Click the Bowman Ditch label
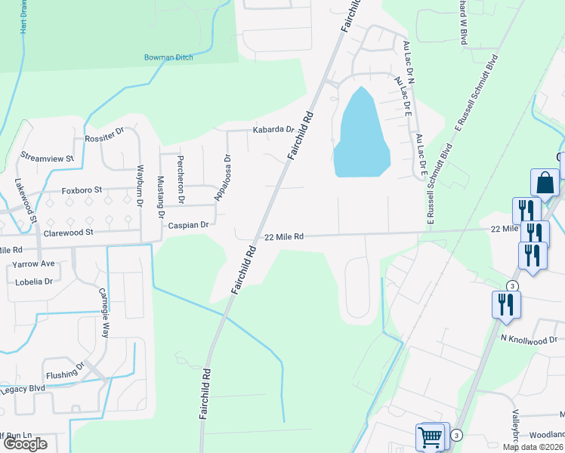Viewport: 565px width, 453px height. (x=168, y=57)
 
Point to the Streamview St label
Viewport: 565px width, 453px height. (x=47, y=159)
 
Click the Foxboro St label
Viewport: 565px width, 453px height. (x=81, y=190)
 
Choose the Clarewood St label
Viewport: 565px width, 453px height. (x=68, y=233)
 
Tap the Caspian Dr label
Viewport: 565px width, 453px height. (x=188, y=225)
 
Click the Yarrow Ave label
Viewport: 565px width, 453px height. (x=33, y=264)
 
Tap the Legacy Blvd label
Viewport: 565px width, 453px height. (x=23, y=389)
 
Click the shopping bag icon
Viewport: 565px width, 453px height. (x=545, y=183)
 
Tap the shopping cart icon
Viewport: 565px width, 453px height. (x=431, y=436)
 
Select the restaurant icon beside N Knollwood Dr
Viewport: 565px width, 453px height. (x=505, y=304)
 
